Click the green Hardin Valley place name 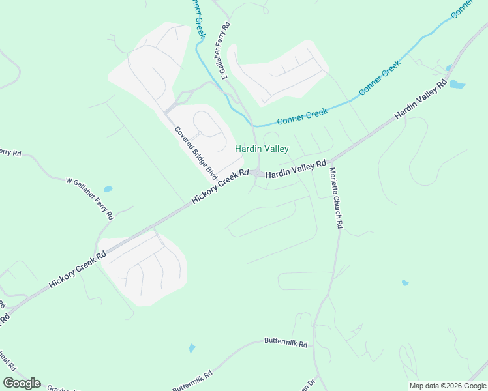click(262, 149)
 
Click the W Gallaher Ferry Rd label click(90, 197)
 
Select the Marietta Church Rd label click(336, 198)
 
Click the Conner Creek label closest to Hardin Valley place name click(301, 117)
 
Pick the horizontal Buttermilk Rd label click(286, 341)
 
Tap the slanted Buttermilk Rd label click(192, 381)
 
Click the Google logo click(22, 383)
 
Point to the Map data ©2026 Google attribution click(448, 386)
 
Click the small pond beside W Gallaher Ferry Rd click(108, 190)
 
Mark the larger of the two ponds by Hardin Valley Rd click(457, 84)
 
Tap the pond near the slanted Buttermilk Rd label click(191, 349)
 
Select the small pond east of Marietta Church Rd click(405, 283)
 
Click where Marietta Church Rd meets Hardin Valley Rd click(331, 161)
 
